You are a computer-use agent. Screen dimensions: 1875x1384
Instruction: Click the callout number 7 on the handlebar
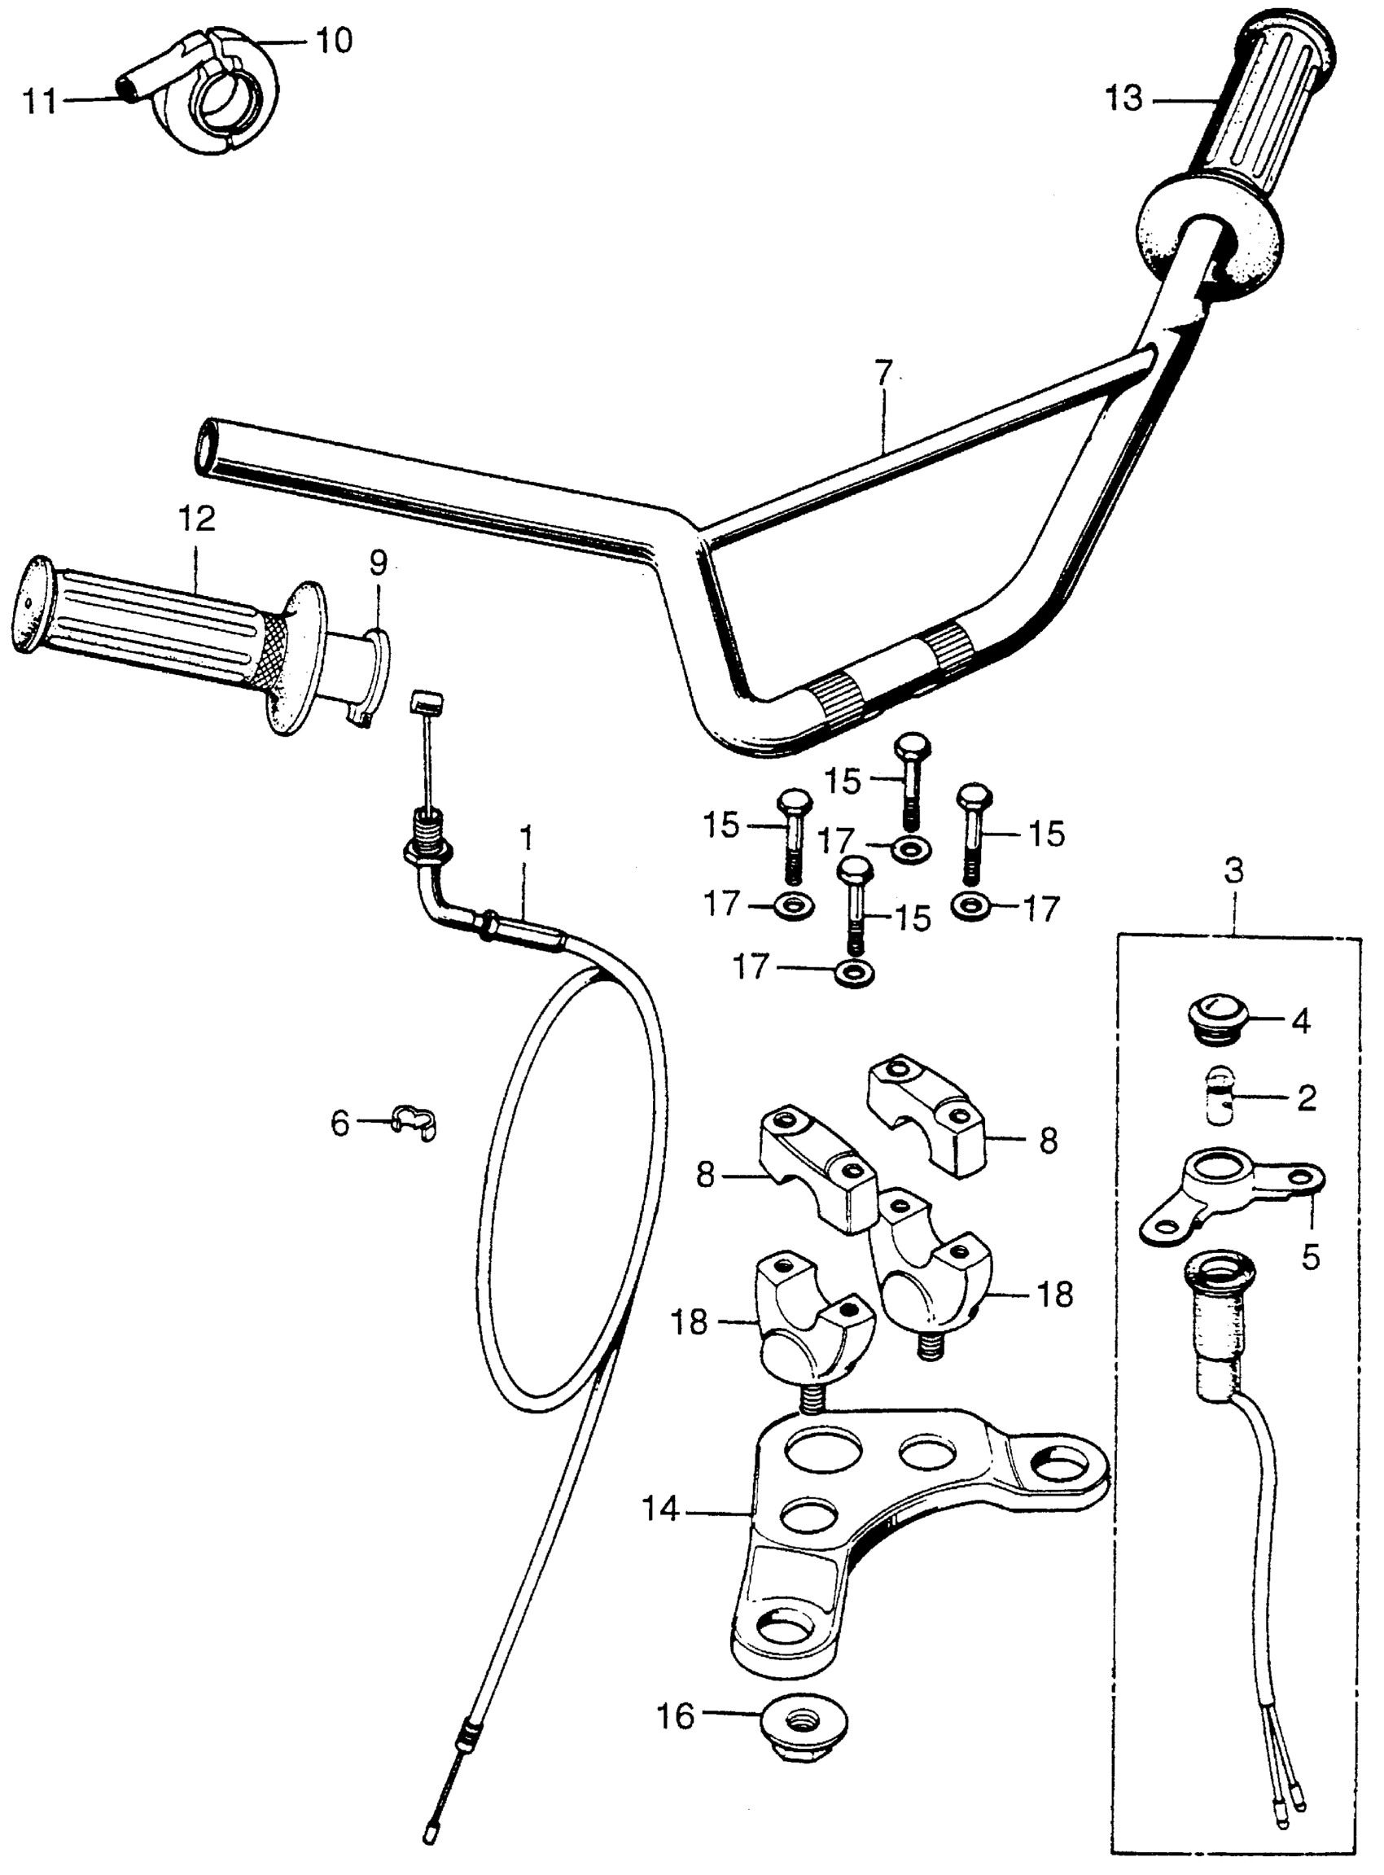tap(884, 372)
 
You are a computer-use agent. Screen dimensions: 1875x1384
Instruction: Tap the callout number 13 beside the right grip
tap(1123, 99)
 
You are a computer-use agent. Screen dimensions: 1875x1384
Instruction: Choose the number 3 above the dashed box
tap(1235, 872)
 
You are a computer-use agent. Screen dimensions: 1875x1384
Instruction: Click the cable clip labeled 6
tap(415, 1120)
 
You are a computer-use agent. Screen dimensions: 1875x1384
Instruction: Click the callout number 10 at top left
tap(333, 39)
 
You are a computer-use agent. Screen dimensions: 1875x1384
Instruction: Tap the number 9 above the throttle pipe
tap(379, 563)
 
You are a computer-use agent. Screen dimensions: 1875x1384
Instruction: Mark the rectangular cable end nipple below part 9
tap(427, 700)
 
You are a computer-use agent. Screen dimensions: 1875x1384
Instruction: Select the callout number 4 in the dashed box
tap(1300, 1023)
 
